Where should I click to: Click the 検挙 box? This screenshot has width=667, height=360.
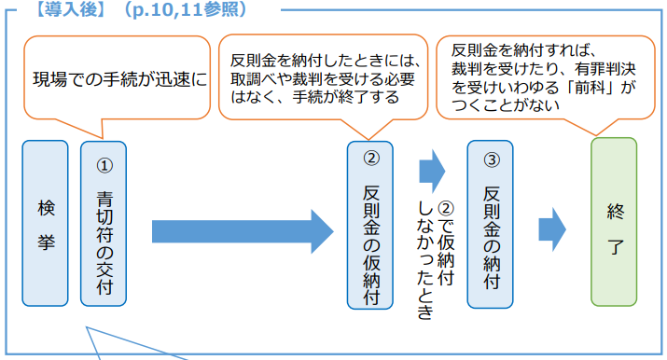click(46, 223)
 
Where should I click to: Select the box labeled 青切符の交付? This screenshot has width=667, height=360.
click(103, 223)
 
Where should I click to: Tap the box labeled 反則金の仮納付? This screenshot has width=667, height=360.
click(369, 225)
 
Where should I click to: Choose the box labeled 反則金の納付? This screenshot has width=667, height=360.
click(491, 225)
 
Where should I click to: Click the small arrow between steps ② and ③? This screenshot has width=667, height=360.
click(431, 172)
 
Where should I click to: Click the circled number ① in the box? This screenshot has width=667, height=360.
click(104, 165)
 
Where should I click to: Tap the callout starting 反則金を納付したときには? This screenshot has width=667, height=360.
click(322, 78)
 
